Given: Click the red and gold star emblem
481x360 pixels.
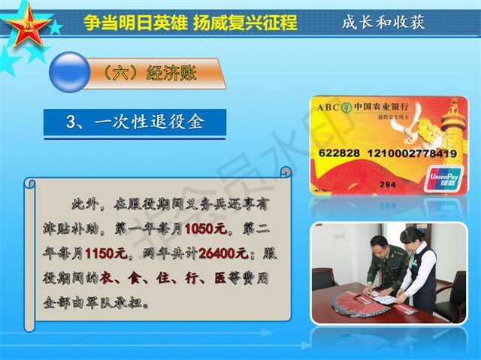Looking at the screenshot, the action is pyautogui.click(x=29, y=26).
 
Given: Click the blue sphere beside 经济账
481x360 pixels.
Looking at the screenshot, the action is pyautogui.click(x=70, y=72).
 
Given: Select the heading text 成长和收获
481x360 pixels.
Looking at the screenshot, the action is pyautogui.click(x=383, y=22).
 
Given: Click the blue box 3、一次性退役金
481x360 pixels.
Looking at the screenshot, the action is pyautogui.click(x=135, y=122).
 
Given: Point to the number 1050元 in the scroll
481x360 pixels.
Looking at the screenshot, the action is pyautogui.click(x=206, y=228).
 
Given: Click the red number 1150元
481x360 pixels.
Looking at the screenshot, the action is pyautogui.click(x=106, y=253).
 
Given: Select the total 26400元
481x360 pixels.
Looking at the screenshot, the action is pyautogui.click(x=224, y=253).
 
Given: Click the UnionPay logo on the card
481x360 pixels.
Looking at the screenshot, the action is pyautogui.click(x=443, y=178).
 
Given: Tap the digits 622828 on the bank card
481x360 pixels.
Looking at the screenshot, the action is pyautogui.click(x=339, y=153).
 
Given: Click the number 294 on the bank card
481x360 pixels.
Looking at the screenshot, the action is pyautogui.click(x=388, y=185).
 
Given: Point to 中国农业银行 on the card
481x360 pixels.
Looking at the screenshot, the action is pyautogui.click(x=381, y=107).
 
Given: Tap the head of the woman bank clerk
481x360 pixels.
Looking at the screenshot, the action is pyautogui.click(x=413, y=236).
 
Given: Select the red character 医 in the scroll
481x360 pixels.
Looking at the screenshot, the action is pyautogui.click(x=220, y=278).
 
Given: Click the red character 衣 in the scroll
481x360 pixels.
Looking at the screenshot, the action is pyautogui.click(x=105, y=278).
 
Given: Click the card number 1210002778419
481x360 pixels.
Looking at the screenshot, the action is pyautogui.click(x=412, y=153).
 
